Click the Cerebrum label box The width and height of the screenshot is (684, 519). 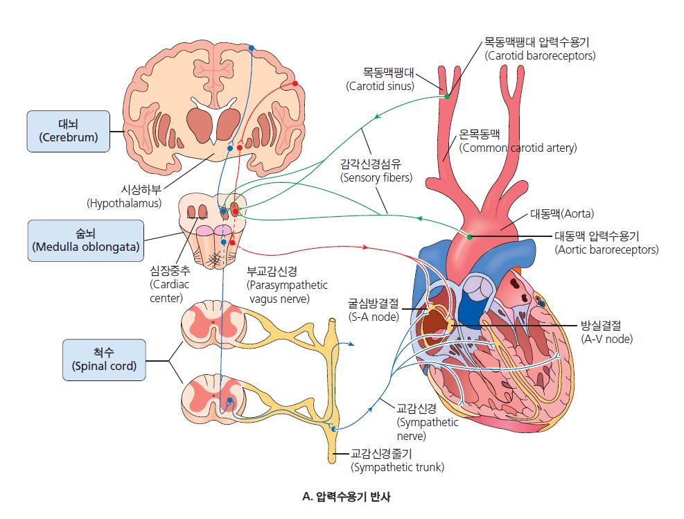68,131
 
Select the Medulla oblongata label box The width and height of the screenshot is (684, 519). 85,240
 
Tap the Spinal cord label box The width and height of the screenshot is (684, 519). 104,360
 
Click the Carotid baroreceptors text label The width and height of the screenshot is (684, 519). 541,49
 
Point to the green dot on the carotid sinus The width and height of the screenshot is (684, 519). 447,96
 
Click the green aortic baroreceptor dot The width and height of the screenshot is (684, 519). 470,237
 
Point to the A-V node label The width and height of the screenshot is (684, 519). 606,333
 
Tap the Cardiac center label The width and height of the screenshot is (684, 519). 169,285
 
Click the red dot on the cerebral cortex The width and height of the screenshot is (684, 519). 295,83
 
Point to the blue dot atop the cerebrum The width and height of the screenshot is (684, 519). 252,48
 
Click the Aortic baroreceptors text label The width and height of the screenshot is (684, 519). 606,243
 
